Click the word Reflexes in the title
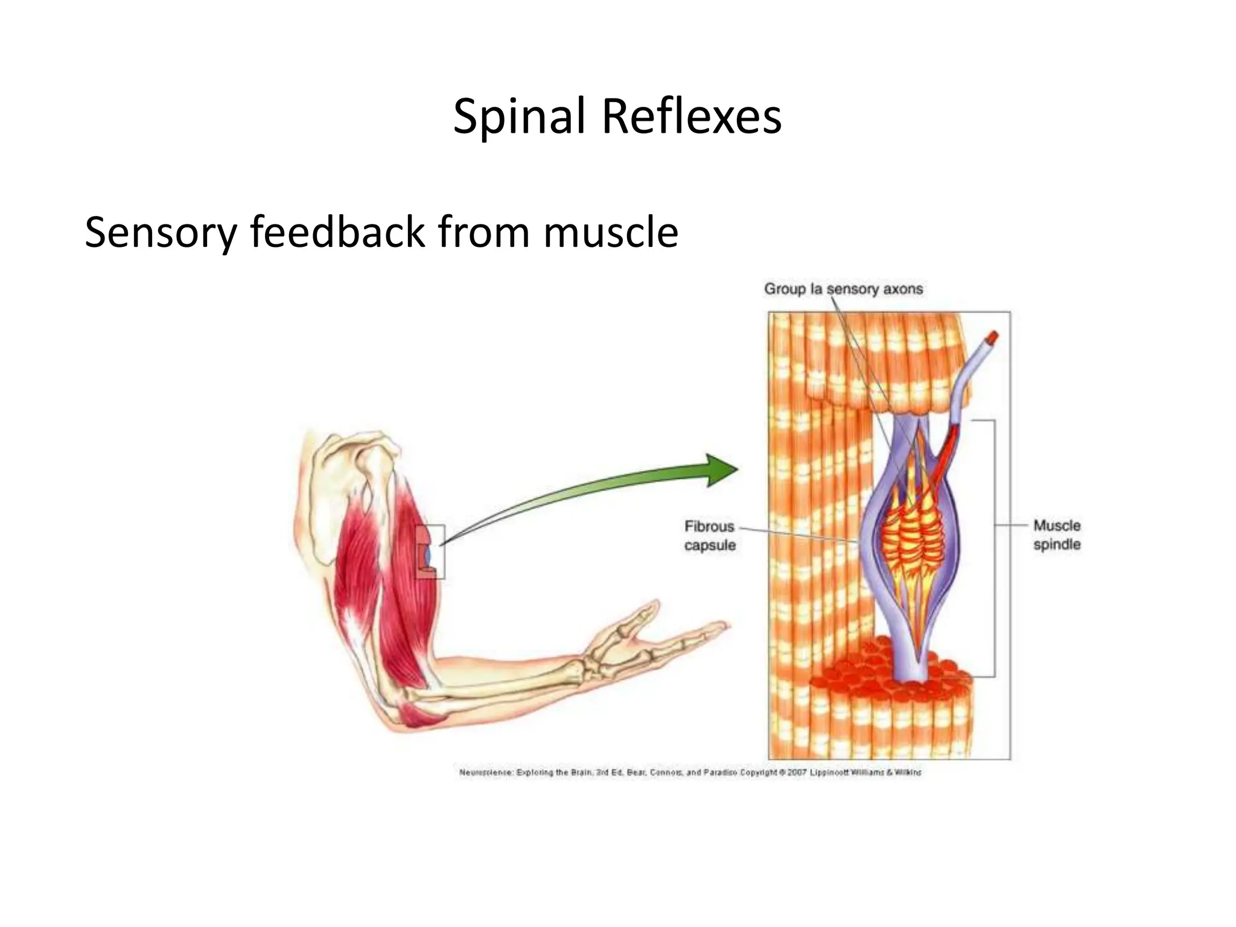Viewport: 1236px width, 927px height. [x=692, y=117]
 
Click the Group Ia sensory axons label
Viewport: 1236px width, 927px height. [x=843, y=289]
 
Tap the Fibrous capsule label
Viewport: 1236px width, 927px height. [x=710, y=536]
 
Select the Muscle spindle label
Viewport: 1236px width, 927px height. [x=1056, y=535]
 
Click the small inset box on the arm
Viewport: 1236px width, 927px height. [x=431, y=552]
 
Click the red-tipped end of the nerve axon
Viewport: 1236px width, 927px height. [x=992, y=339]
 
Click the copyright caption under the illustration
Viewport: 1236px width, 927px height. [x=690, y=772]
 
